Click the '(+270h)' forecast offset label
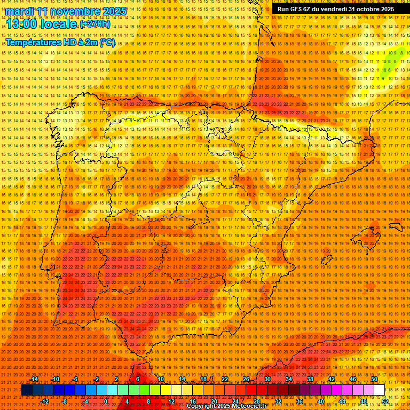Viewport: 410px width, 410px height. point(95,24)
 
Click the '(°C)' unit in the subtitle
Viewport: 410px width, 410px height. point(107,43)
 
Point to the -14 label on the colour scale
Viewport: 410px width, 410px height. point(34,379)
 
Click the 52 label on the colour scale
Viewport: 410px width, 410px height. point(384,401)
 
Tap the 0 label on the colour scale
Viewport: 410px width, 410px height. point(106,401)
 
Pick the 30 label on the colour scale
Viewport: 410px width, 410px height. point(267,379)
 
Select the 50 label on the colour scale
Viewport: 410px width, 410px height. point(374,379)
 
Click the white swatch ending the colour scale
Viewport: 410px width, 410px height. point(379,390)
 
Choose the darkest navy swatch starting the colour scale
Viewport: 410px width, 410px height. point(27,390)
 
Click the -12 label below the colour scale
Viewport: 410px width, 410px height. point(45,401)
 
